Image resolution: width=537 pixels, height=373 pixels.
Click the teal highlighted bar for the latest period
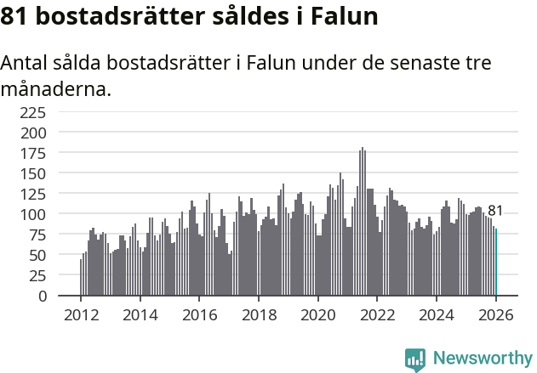pyautogui.click(x=496, y=263)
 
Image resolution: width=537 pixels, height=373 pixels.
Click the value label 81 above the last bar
pyautogui.click(x=495, y=211)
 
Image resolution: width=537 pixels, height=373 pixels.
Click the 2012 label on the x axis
pyautogui.click(x=81, y=314)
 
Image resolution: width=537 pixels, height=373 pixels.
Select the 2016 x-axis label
pyautogui.click(x=199, y=314)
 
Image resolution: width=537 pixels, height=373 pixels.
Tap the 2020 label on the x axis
pyautogui.click(x=318, y=314)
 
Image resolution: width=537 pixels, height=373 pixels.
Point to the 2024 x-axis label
pyautogui.click(x=437, y=314)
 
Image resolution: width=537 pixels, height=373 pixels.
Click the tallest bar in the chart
pyautogui.click(x=363, y=222)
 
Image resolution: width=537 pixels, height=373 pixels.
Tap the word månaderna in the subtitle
pyautogui.click(x=56, y=88)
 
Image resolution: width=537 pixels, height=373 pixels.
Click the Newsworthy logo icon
pyautogui.click(x=415, y=359)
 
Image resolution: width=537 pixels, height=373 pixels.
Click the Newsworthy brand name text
pyautogui.click(x=483, y=359)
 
